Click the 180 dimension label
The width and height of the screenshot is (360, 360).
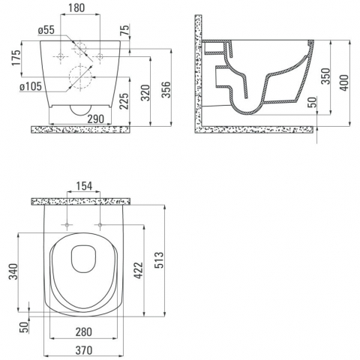(x=76, y=7)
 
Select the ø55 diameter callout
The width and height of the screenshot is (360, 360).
(x=46, y=30)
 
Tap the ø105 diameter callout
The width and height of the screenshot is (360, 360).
(x=31, y=86)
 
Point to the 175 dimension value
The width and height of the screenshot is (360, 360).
(x=16, y=58)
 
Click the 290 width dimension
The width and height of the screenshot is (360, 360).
(x=96, y=119)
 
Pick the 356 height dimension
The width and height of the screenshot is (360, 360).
(x=166, y=89)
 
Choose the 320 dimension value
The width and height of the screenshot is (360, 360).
(x=145, y=93)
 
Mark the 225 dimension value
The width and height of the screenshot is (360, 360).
(x=124, y=101)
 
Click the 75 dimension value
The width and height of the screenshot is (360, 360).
(x=125, y=29)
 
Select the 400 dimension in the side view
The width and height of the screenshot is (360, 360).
(x=344, y=82)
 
